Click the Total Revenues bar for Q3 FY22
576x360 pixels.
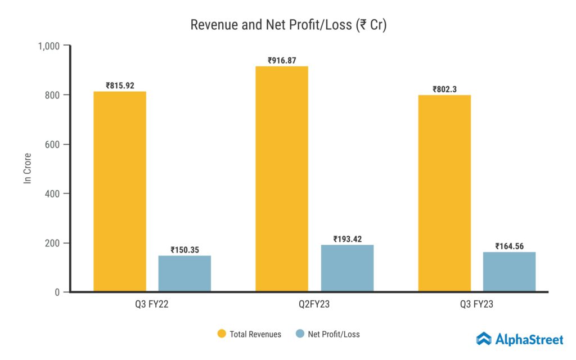pos(120,191)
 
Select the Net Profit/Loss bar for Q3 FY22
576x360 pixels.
pos(184,273)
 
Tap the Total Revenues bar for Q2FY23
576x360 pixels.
pos(282,179)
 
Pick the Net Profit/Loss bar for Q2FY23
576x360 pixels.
pos(347,268)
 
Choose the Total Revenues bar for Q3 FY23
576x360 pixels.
pos(444,193)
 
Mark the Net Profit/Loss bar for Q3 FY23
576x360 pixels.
pos(509,272)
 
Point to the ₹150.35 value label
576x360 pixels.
pos(184,249)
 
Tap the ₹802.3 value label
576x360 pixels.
pos(444,89)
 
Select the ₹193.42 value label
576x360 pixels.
pos(347,239)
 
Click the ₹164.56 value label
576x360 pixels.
pos(509,246)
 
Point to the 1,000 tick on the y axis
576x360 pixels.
pos(49,46)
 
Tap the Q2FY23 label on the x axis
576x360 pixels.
pos(314,305)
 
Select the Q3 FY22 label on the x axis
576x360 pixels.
pos(152,305)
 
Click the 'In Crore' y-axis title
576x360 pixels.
pos(27,168)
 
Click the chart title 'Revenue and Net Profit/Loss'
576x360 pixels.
pos(288,25)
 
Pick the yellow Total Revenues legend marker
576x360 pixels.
pos(222,334)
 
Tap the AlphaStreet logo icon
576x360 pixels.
pos(484,339)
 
